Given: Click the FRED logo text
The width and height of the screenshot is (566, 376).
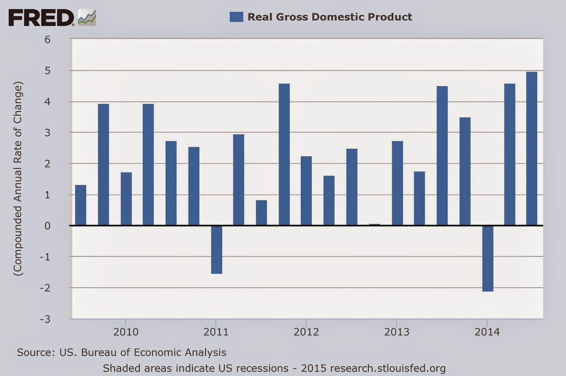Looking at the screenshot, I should click(x=41, y=18).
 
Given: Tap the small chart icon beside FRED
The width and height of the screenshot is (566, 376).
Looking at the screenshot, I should click(x=87, y=18).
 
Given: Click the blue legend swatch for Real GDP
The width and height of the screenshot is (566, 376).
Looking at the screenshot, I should click(x=236, y=17).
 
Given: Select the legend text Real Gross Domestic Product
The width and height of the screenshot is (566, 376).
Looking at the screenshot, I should click(x=330, y=17).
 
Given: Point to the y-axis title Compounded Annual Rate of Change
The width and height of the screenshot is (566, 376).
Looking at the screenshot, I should click(x=18, y=179).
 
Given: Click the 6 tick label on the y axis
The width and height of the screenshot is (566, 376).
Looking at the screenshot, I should click(x=47, y=39).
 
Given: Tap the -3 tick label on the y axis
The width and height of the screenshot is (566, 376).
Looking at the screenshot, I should click(x=45, y=319).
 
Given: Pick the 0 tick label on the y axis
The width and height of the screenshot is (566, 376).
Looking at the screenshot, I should click(x=47, y=226).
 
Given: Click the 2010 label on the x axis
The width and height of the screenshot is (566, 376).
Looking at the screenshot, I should click(x=126, y=332).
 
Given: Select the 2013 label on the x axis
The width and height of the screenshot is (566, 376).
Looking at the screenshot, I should click(x=397, y=332).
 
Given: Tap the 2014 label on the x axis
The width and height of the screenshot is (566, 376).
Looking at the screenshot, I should click(x=487, y=332).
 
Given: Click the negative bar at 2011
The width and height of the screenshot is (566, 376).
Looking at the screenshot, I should click(x=216, y=250).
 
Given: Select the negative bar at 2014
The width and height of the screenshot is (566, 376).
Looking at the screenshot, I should click(x=487, y=258).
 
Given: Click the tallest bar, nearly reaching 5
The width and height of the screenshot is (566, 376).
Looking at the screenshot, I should click(x=532, y=149).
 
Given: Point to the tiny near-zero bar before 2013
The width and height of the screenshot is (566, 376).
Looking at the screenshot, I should click(x=375, y=224).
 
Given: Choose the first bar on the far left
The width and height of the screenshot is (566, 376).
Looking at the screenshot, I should click(x=81, y=205).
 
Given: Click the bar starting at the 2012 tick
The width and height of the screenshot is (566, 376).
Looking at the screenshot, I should click(x=306, y=191).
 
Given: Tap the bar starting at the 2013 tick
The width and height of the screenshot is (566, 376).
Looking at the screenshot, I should click(x=397, y=183).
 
